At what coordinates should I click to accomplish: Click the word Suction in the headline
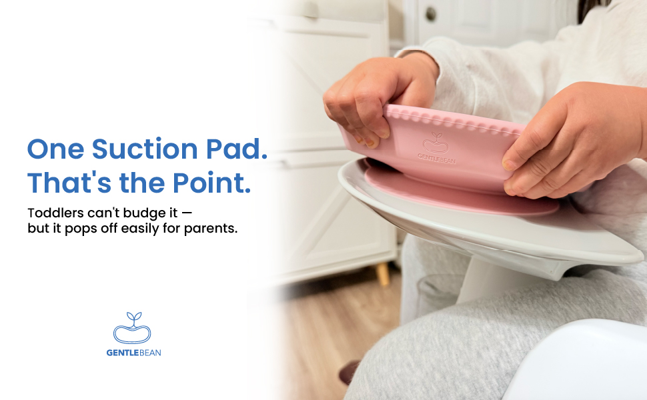145,149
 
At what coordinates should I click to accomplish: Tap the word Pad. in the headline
237,149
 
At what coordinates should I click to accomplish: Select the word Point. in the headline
211,183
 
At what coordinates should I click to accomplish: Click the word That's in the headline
69,183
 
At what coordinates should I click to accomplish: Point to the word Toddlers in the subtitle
56,213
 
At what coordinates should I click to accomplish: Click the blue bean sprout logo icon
132,328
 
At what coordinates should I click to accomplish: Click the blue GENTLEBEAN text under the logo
133,353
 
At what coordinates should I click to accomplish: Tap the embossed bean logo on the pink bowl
436,143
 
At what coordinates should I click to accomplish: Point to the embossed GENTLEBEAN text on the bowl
437,159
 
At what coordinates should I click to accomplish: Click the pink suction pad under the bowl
458,194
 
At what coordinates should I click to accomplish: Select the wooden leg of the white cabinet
383,273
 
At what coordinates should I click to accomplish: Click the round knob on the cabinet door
430,14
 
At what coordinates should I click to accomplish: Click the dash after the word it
187,213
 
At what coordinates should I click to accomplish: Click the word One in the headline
55,149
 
